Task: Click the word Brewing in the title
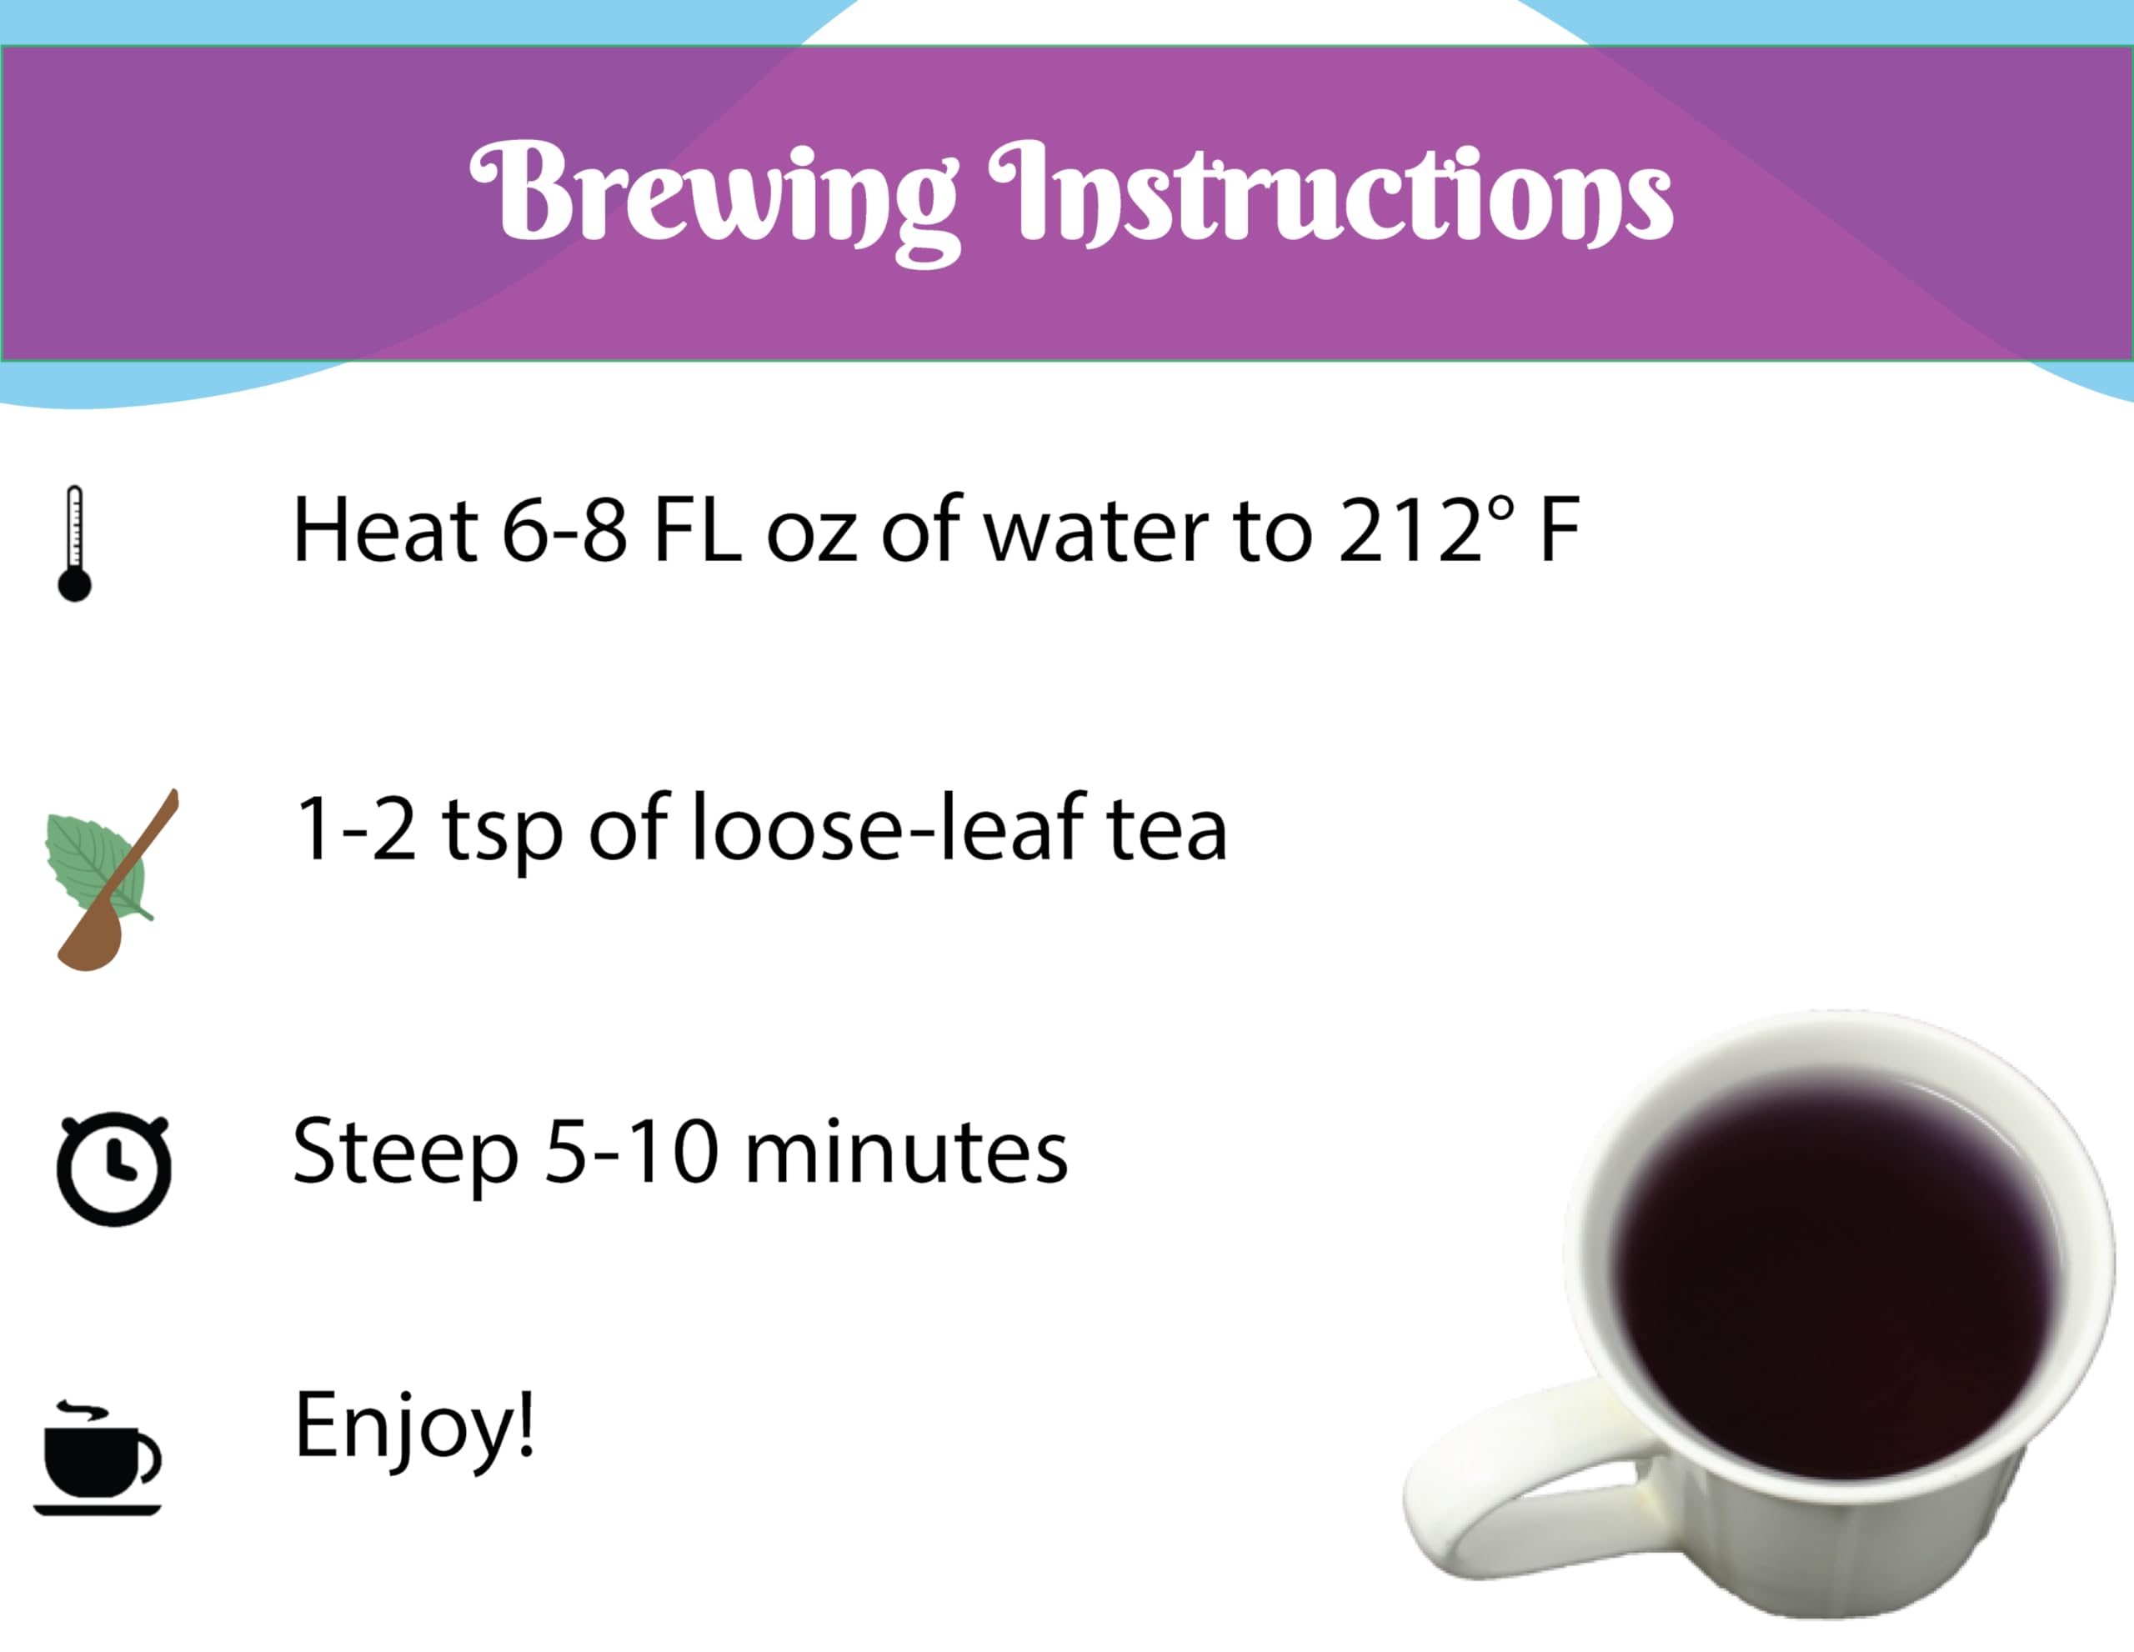tap(714, 195)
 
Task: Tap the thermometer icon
tap(74, 543)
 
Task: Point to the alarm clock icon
tap(113, 1169)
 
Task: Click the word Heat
tap(385, 532)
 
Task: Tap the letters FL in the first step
tap(697, 532)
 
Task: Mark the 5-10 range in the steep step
tap(631, 1153)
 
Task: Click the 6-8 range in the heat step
tap(564, 532)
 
